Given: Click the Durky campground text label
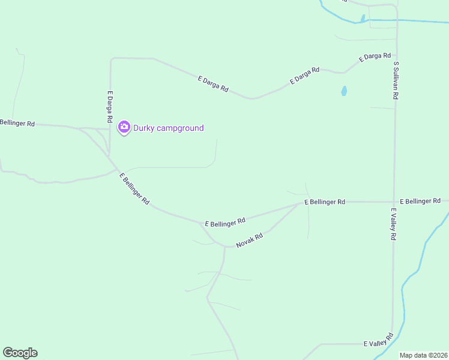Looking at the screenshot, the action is point(169,128).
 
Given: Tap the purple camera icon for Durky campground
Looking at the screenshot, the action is point(124,127).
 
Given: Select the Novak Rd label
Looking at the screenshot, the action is point(250,241).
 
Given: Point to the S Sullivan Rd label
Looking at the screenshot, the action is point(396,79).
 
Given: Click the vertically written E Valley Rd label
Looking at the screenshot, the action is point(394,224).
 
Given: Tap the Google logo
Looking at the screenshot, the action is point(20,353).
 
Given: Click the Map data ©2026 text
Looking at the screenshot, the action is point(424,355).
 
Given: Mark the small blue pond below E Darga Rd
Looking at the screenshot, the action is point(344,91).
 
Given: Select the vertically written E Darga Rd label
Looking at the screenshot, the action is point(110,107).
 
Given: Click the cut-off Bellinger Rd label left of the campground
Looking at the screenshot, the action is point(17,123).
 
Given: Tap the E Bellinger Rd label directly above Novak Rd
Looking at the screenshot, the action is point(225,222).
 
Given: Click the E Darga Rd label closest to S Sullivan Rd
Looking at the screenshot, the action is point(375,57).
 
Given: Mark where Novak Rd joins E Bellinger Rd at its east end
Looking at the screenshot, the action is point(301,203).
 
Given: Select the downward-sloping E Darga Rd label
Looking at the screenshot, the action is point(213,83).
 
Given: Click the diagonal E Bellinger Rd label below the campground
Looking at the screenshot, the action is point(134,189).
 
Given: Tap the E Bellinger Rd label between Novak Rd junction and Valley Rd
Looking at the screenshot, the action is point(325,202).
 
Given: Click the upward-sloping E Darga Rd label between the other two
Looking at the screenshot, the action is point(305,75).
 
